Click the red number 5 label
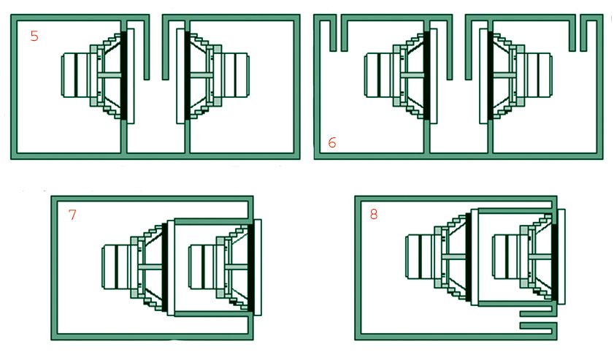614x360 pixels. pos(34,36)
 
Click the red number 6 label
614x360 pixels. pos(332,142)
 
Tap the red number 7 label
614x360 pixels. pos(72,215)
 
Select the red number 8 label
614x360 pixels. pos(374,214)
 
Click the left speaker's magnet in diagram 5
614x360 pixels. pos(76,74)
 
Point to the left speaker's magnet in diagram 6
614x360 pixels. pos(379,74)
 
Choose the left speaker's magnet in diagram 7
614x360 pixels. pos(116,267)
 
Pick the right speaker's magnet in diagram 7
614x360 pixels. pos(203,267)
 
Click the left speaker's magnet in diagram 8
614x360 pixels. pos(421,256)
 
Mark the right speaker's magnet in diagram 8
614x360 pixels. pos(507,256)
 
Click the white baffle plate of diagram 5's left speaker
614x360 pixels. pos(131,76)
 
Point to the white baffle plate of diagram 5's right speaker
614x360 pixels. pos(180,76)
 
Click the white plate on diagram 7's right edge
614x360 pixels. pos(258,267)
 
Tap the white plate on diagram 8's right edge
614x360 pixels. pos(561,256)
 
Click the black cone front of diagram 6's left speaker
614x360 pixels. pos(427,75)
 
